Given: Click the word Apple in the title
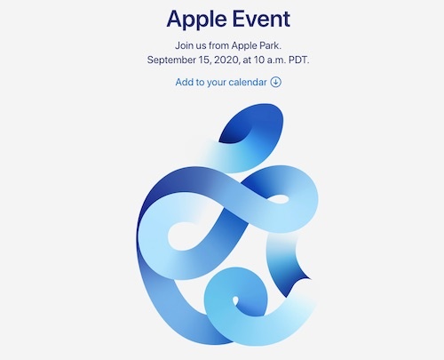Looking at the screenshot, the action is (197, 20).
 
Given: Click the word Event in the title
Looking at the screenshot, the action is (261, 19).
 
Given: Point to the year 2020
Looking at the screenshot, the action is (226, 60).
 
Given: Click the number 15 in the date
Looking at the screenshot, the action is (204, 60).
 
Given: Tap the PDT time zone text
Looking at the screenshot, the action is (299, 60).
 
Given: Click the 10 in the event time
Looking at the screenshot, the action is (259, 60).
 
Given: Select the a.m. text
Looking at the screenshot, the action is (276, 60).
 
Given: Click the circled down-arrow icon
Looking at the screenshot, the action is (275, 82).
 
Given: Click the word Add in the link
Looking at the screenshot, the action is (183, 82).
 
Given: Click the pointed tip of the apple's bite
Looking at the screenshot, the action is (310, 278).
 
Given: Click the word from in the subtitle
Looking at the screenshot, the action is (218, 45).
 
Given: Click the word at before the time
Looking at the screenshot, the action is (247, 60).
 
